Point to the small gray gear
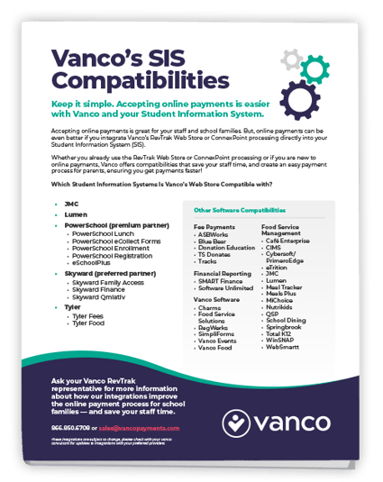(290, 59)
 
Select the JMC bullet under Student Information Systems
(71, 204)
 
